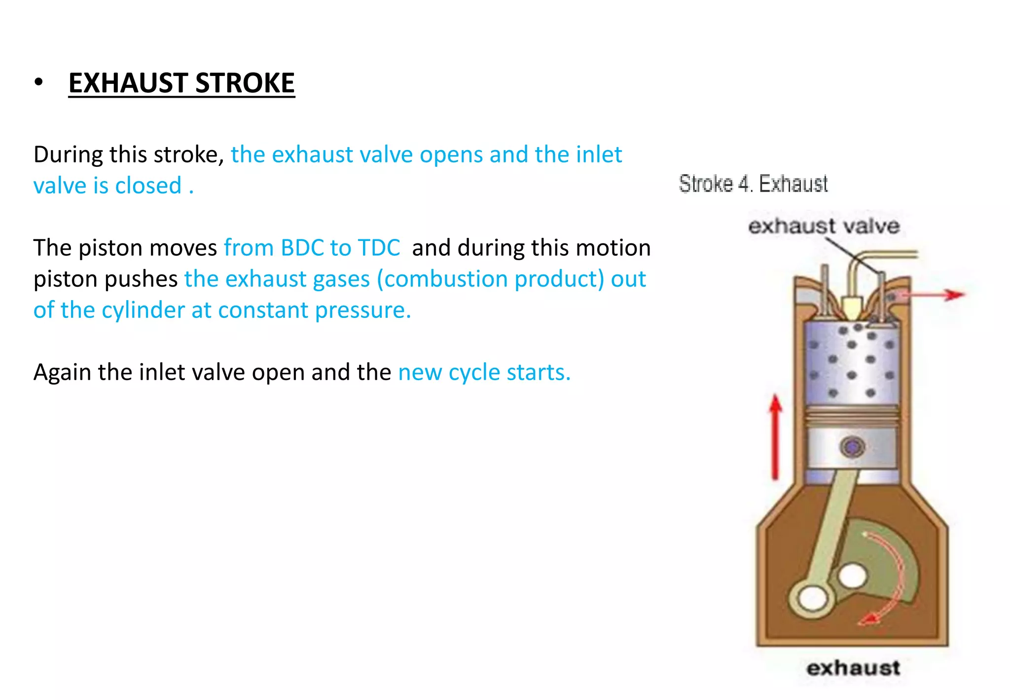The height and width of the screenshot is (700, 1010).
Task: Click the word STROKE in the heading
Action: pyautogui.click(x=245, y=83)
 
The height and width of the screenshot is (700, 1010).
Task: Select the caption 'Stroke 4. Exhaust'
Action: pyautogui.click(x=753, y=184)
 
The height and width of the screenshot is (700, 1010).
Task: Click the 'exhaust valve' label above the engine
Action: pyautogui.click(x=824, y=227)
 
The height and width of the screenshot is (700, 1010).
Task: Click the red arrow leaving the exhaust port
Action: pyautogui.click(x=932, y=295)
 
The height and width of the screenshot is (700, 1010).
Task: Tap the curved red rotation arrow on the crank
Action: pyautogui.click(x=893, y=578)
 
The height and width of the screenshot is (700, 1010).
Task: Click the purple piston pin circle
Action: pyautogui.click(x=852, y=447)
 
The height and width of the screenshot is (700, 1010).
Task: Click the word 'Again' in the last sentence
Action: pyautogui.click(x=62, y=372)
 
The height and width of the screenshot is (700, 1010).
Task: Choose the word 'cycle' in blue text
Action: pyautogui.click(x=474, y=372)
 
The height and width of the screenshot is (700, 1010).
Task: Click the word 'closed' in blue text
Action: pyautogui.click(x=148, y=186)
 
